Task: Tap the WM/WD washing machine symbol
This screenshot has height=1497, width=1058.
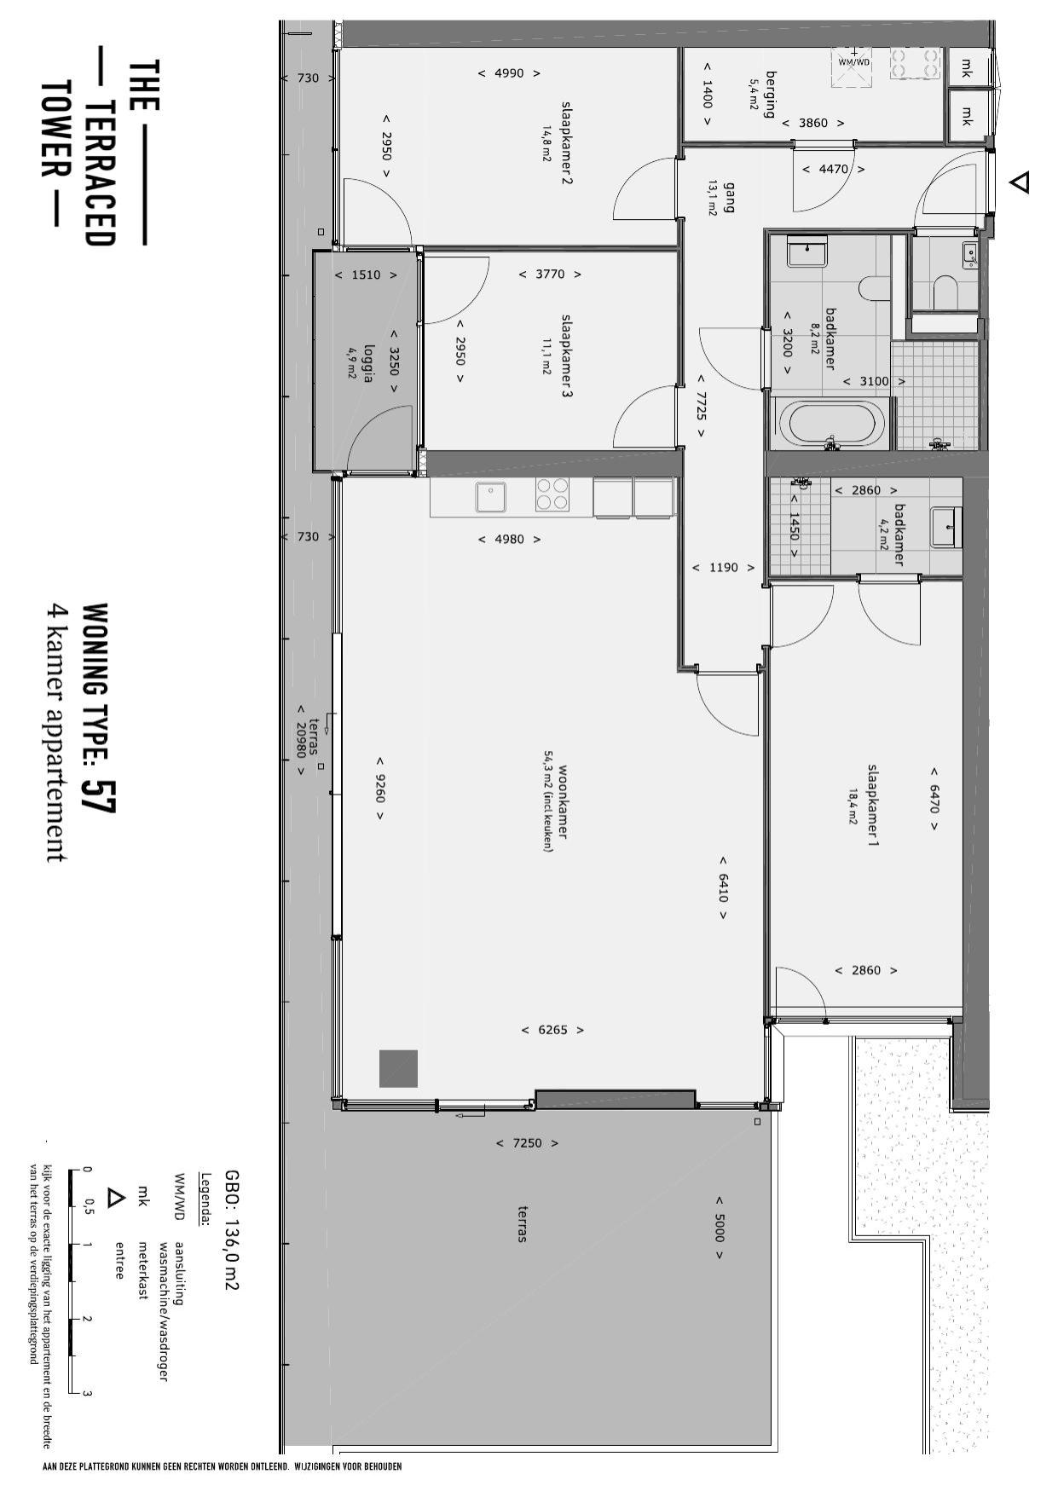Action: coord(853,67)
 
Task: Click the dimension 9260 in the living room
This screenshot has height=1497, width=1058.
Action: coord(379,789)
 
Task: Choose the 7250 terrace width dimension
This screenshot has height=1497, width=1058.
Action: coord(527,1143)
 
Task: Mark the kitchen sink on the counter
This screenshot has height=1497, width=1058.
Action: coord(490,497)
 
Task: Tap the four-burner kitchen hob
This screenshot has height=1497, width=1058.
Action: coord(552,494)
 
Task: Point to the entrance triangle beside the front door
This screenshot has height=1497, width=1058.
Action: coord(1019,182)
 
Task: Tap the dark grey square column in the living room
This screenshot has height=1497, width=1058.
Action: coord(398,1068)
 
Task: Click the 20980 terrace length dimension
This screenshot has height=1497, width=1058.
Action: coord(300,740)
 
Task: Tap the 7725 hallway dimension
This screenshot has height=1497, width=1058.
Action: coord(701,406)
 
